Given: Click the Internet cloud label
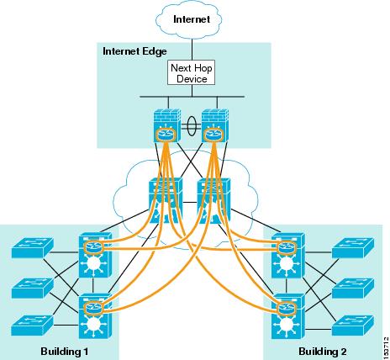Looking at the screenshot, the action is point(192,19).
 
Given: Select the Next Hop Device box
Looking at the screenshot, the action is point(192,72).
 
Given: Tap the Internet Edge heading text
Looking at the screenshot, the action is point(134,51).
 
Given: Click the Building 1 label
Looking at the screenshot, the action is point(65,351).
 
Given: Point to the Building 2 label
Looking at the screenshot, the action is point(323,351).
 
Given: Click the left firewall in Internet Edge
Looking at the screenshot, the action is point(167,125).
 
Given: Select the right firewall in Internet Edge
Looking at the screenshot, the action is point(215,125).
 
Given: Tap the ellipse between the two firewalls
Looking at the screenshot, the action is point(191,125).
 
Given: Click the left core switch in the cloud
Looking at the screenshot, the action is point(166,200).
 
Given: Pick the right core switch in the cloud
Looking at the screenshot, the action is point(213,200).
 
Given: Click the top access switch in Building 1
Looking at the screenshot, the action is point(32,248).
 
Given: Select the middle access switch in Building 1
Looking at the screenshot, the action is point(32,289).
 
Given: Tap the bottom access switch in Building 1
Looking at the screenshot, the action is point(32,326).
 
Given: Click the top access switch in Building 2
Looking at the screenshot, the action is point(353,248).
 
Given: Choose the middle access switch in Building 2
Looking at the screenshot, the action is point(353,289).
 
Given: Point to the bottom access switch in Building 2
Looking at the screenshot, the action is point(353,326).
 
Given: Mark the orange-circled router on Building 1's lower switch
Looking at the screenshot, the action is point(94,308).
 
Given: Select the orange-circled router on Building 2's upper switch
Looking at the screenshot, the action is point(287,247).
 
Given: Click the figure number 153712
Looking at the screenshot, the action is point(386,347).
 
